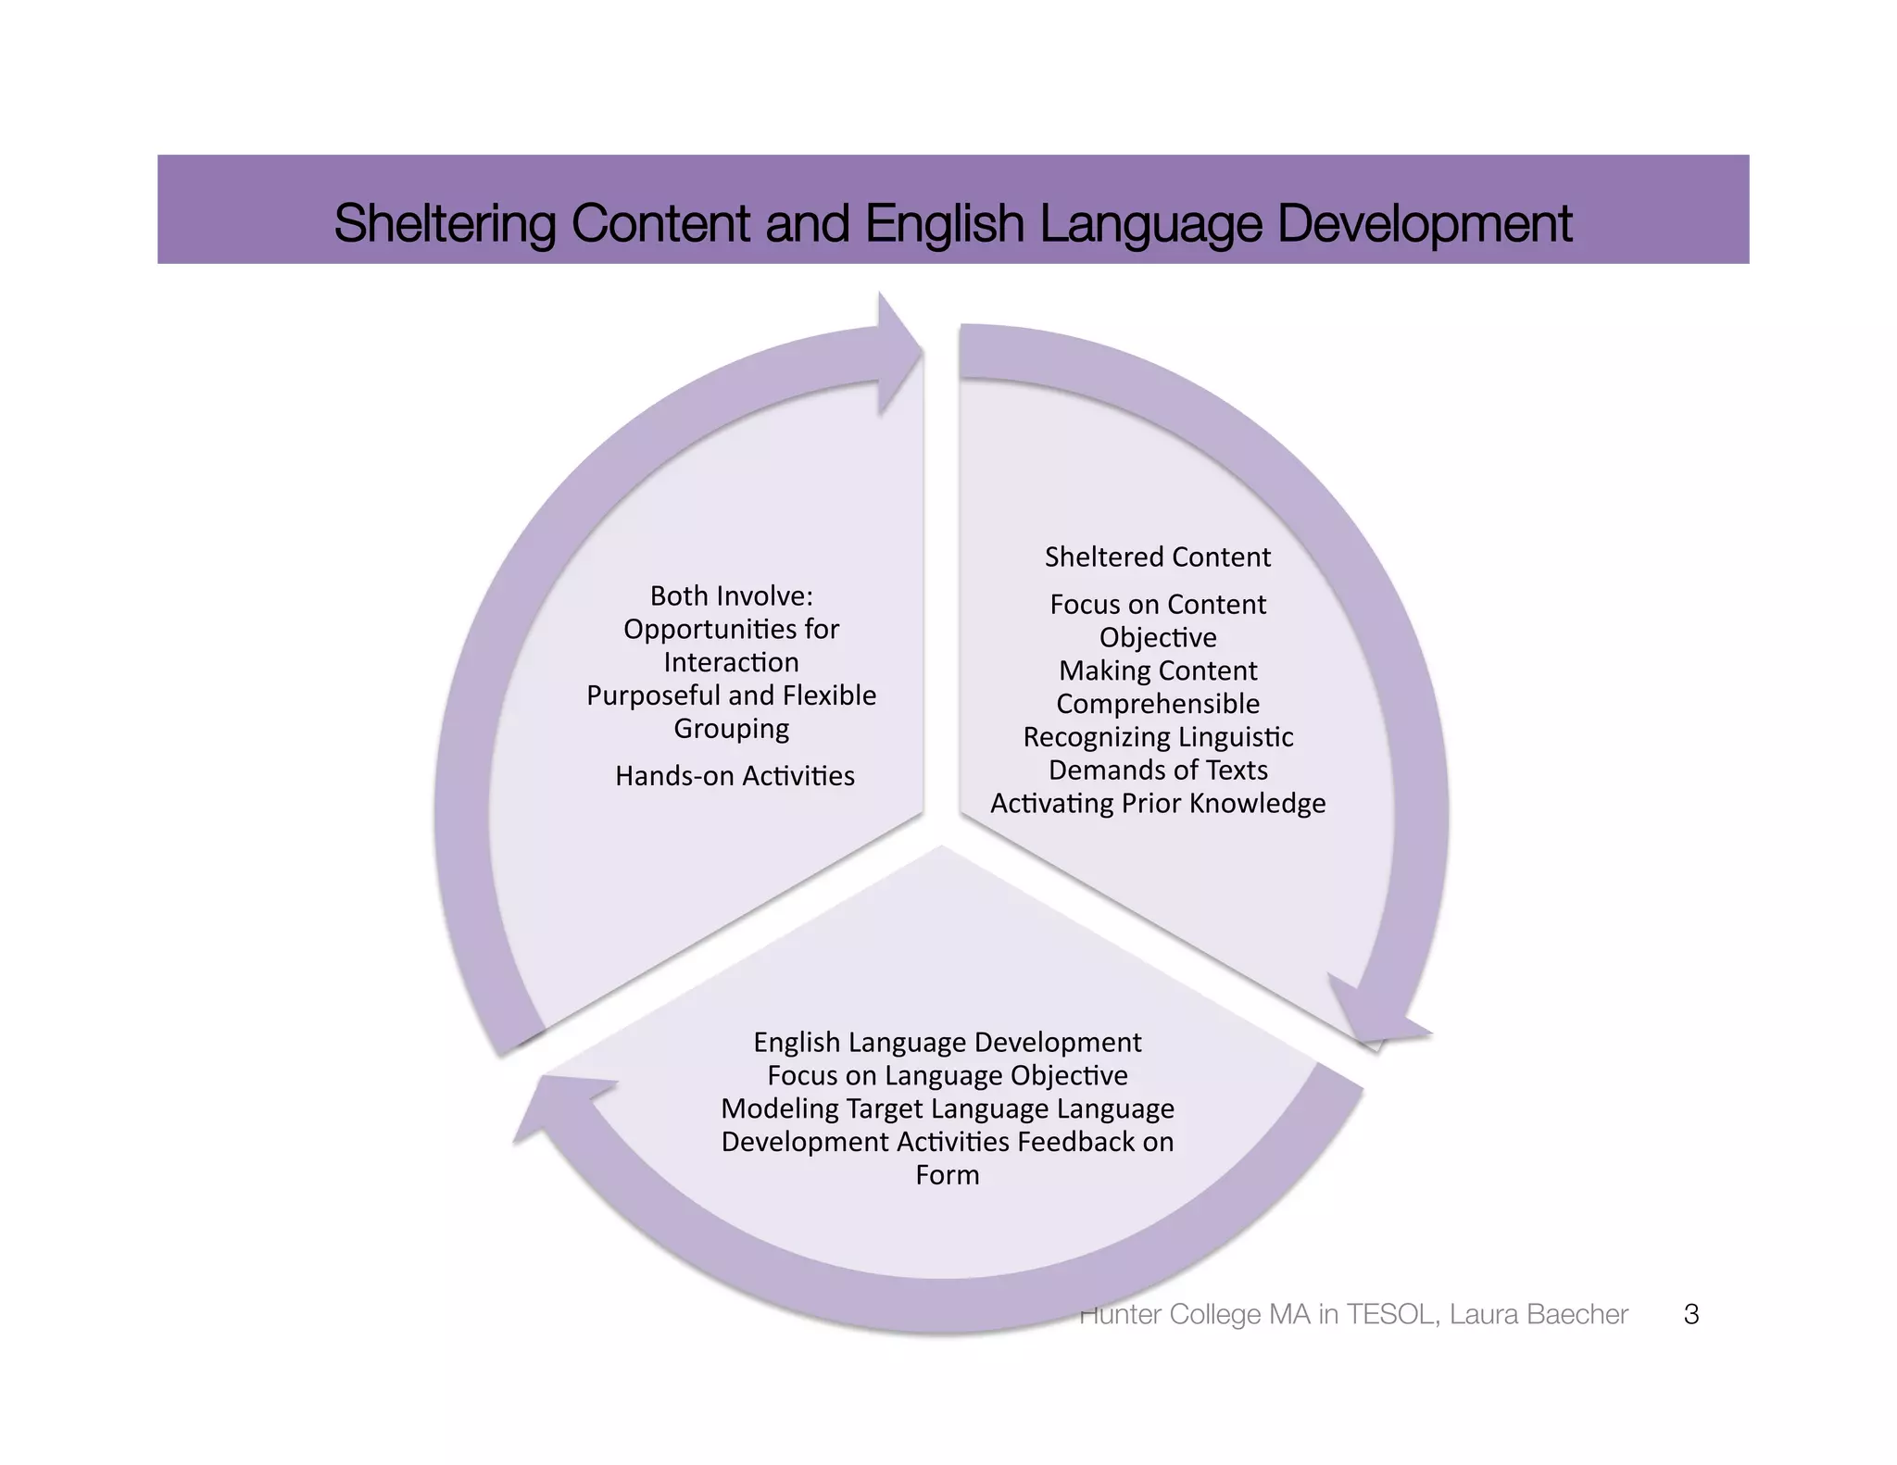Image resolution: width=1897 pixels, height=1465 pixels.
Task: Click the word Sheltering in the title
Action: (x=444, y=223)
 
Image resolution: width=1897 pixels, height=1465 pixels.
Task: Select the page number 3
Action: (x=1690, y=1314)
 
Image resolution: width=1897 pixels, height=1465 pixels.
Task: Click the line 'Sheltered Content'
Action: (x=1157, y=557)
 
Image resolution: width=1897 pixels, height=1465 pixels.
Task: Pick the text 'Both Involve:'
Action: (x=731, y=595)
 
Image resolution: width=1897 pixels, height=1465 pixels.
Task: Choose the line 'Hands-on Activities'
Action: (x=735, y=775)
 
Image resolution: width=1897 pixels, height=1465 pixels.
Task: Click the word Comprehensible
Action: (x=1158, y=704)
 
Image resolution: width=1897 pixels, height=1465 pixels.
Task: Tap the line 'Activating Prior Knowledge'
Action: (x=1158, y=803)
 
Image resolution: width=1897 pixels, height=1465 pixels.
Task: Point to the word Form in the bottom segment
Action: (x=947, y=1174)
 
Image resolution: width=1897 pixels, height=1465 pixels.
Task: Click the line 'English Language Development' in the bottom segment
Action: (x=947, y=1042)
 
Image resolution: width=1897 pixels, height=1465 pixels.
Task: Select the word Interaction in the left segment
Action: (x=731, y=662)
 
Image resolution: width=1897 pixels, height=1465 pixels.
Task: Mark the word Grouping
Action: (x=731, y=729)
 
